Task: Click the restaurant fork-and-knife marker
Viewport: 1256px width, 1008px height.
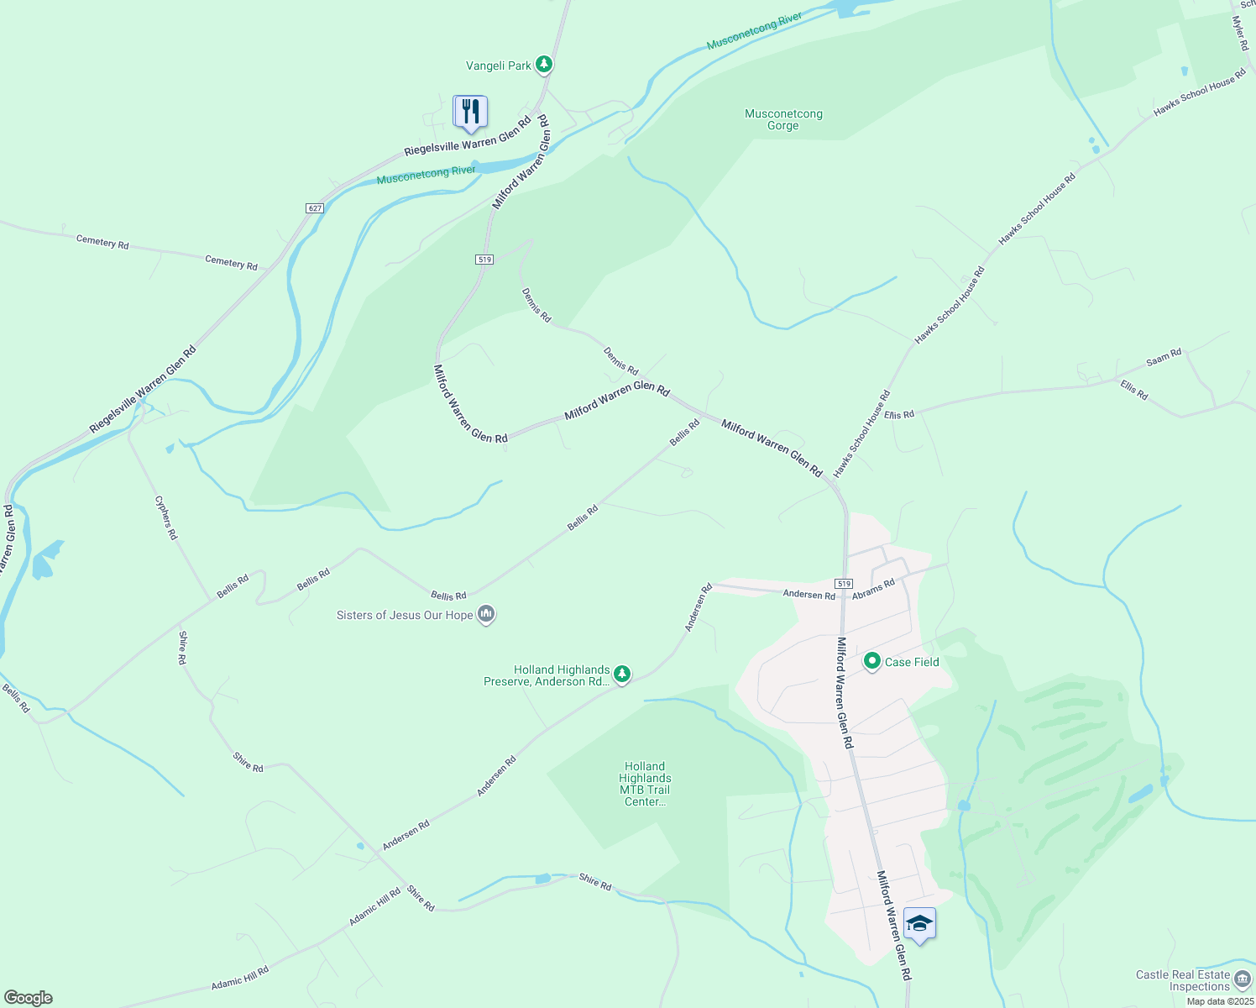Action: [470, 112]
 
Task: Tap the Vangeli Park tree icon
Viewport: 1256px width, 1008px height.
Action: [544, 64]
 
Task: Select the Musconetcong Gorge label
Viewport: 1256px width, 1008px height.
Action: [783, 119]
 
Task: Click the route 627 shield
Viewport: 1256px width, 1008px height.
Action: [314, 208]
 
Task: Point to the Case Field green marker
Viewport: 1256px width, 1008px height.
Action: [872, 662]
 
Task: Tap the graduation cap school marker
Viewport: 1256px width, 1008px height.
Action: [919, 923]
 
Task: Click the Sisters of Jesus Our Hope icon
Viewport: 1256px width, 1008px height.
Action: [485, 615]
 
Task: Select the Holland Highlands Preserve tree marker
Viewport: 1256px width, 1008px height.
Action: [621, 674]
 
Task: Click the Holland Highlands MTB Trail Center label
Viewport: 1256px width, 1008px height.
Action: [645, 784]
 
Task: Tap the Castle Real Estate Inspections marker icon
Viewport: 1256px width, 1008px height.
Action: [1242, 979]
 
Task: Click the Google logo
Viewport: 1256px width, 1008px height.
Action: [29, 998]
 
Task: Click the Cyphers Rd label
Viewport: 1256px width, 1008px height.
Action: [166, 517]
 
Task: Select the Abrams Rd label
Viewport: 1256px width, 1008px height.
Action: [873, 588]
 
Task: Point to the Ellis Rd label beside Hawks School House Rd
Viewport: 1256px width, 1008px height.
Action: [898, 415]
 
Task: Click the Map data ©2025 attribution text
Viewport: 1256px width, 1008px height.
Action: [1220, 1001]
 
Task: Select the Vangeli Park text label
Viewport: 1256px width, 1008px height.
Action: [499, 66]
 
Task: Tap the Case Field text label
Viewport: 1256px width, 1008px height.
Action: [912, 662]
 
